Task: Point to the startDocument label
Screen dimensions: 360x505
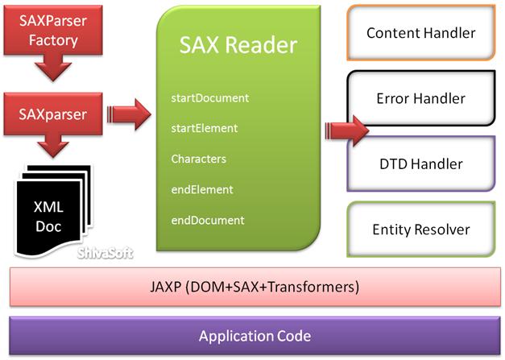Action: tap(209, 98)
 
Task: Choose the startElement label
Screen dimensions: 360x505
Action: tap(204, 128)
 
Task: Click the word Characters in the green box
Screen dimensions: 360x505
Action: tap(198, 159)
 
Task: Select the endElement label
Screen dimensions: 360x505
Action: tap(201, 189)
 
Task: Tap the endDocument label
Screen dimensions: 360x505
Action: tap(207, 220)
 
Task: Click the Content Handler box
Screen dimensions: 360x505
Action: tap(420, 33)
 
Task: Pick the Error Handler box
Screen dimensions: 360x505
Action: tap(420, 99)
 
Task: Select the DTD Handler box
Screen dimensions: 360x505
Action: tap(420, 163)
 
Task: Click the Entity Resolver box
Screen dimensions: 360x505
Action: tap(420, 230)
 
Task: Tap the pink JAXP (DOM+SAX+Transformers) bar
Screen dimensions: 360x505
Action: tap(254, 287)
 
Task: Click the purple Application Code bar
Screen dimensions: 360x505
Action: tap(254, 336)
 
